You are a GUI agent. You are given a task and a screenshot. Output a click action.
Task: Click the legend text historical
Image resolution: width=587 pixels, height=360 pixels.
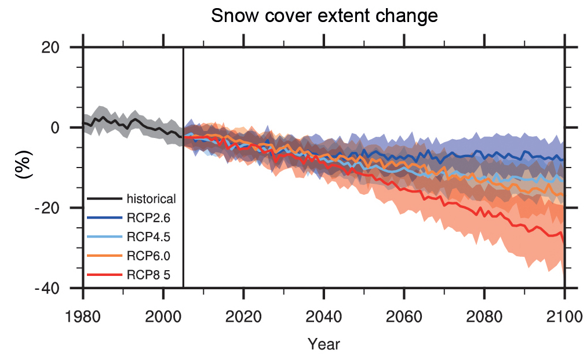click(151, 199)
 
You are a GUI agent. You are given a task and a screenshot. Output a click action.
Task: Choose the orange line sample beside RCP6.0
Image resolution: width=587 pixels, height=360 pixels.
click(104, 255)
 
